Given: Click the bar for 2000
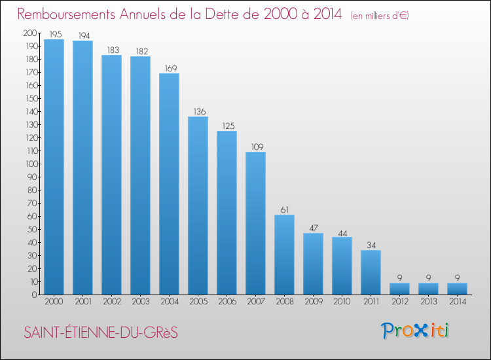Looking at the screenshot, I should (54, 167).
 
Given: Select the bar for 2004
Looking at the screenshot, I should (169, 184).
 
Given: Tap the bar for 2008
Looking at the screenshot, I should (284, 255).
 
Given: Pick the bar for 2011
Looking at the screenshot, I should (371, 272).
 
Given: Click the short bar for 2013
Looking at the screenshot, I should (428, 289).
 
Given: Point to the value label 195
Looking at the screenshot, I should (54, 34).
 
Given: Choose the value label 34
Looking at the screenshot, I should (371, 245).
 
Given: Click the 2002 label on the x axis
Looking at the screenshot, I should (111, 302).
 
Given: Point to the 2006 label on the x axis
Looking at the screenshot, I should (227, 302).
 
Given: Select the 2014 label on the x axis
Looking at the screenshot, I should (457, 302).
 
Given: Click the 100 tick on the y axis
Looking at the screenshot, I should (30, 164).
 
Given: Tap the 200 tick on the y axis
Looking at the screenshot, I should (30, 33).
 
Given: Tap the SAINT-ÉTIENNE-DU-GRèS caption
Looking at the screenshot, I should (100, 333).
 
